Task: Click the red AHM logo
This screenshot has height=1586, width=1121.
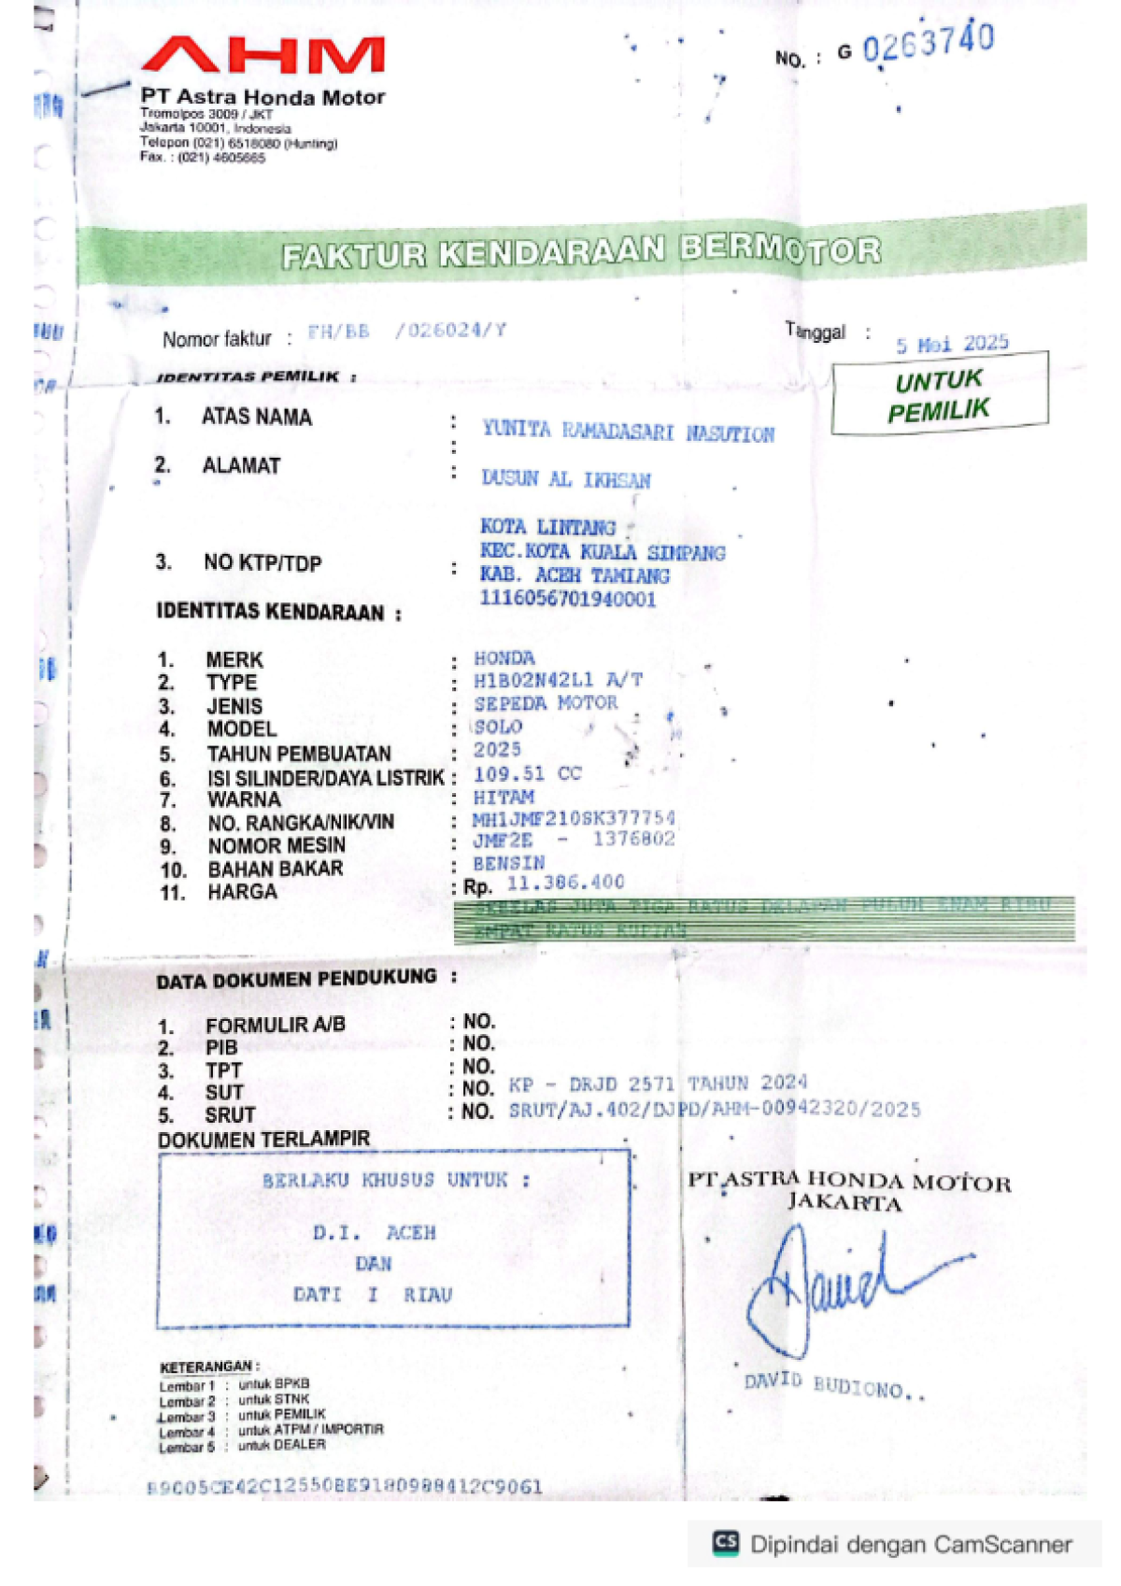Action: (263, 55)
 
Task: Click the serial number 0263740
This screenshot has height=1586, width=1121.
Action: (928, 42)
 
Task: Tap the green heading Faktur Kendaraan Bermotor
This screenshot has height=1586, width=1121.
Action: (581, 251)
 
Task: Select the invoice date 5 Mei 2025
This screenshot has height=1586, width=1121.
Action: (952, 344)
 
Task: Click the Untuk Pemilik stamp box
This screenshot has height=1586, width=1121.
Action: (939, 394)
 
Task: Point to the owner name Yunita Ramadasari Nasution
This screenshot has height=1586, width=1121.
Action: (628, 432)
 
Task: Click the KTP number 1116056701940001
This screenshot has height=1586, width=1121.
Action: (567, 599)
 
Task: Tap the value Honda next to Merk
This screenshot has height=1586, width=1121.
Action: (504, 658)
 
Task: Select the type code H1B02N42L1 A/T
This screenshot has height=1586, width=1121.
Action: (558, 680)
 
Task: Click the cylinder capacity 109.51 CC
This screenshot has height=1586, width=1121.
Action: (527, 773)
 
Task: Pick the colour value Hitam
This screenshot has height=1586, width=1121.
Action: (504, 798)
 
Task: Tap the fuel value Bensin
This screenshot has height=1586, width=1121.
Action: (508, 863)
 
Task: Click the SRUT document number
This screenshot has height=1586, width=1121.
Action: (714, 1110)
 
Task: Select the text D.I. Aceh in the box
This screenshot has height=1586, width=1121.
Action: (374, 1233)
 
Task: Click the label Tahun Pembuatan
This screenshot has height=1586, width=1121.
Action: (299, 754)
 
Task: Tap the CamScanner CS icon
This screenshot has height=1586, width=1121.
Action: (726, 1544)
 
